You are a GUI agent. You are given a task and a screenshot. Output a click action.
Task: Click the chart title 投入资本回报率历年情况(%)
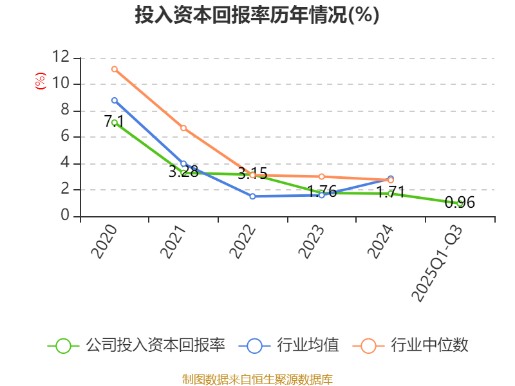[x=257, y=15]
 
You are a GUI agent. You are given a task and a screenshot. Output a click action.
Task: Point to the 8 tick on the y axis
[x=64, y=110]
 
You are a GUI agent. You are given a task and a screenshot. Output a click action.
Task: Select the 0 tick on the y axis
[x=64, y=216]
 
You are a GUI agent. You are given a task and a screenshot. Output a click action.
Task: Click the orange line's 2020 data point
[x=114, y=69]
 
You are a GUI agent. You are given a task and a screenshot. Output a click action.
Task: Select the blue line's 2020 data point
[x=114, y=100]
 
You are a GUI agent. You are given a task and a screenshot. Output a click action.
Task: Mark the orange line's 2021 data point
[x=183, y=128]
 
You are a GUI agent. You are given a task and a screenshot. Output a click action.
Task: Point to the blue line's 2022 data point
[x=252, y=196]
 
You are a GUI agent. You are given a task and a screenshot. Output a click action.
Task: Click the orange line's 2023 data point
[x=322, y=176]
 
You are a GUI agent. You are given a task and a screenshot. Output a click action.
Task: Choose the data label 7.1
[x=114, y=121]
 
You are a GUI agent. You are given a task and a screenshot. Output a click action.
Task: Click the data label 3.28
[x=183, y=172]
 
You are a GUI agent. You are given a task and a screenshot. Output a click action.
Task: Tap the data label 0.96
[x=460, y=203]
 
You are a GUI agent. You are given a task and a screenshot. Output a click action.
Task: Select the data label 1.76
[x=322, y=191]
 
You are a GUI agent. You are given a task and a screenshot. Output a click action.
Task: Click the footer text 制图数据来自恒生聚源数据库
[x=257, y=379]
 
